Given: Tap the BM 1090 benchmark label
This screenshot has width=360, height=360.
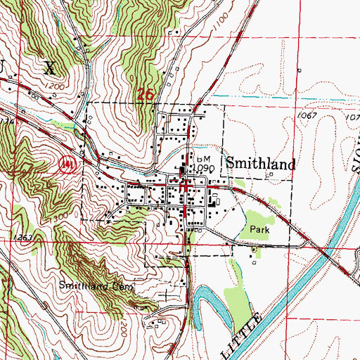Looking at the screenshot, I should [x=204, y=164].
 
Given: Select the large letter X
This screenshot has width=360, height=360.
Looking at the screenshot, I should [x=49, y=67].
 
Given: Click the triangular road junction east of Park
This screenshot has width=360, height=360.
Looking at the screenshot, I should [x=307, y=241].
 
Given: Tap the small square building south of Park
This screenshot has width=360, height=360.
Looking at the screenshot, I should [x=254, y=266].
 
